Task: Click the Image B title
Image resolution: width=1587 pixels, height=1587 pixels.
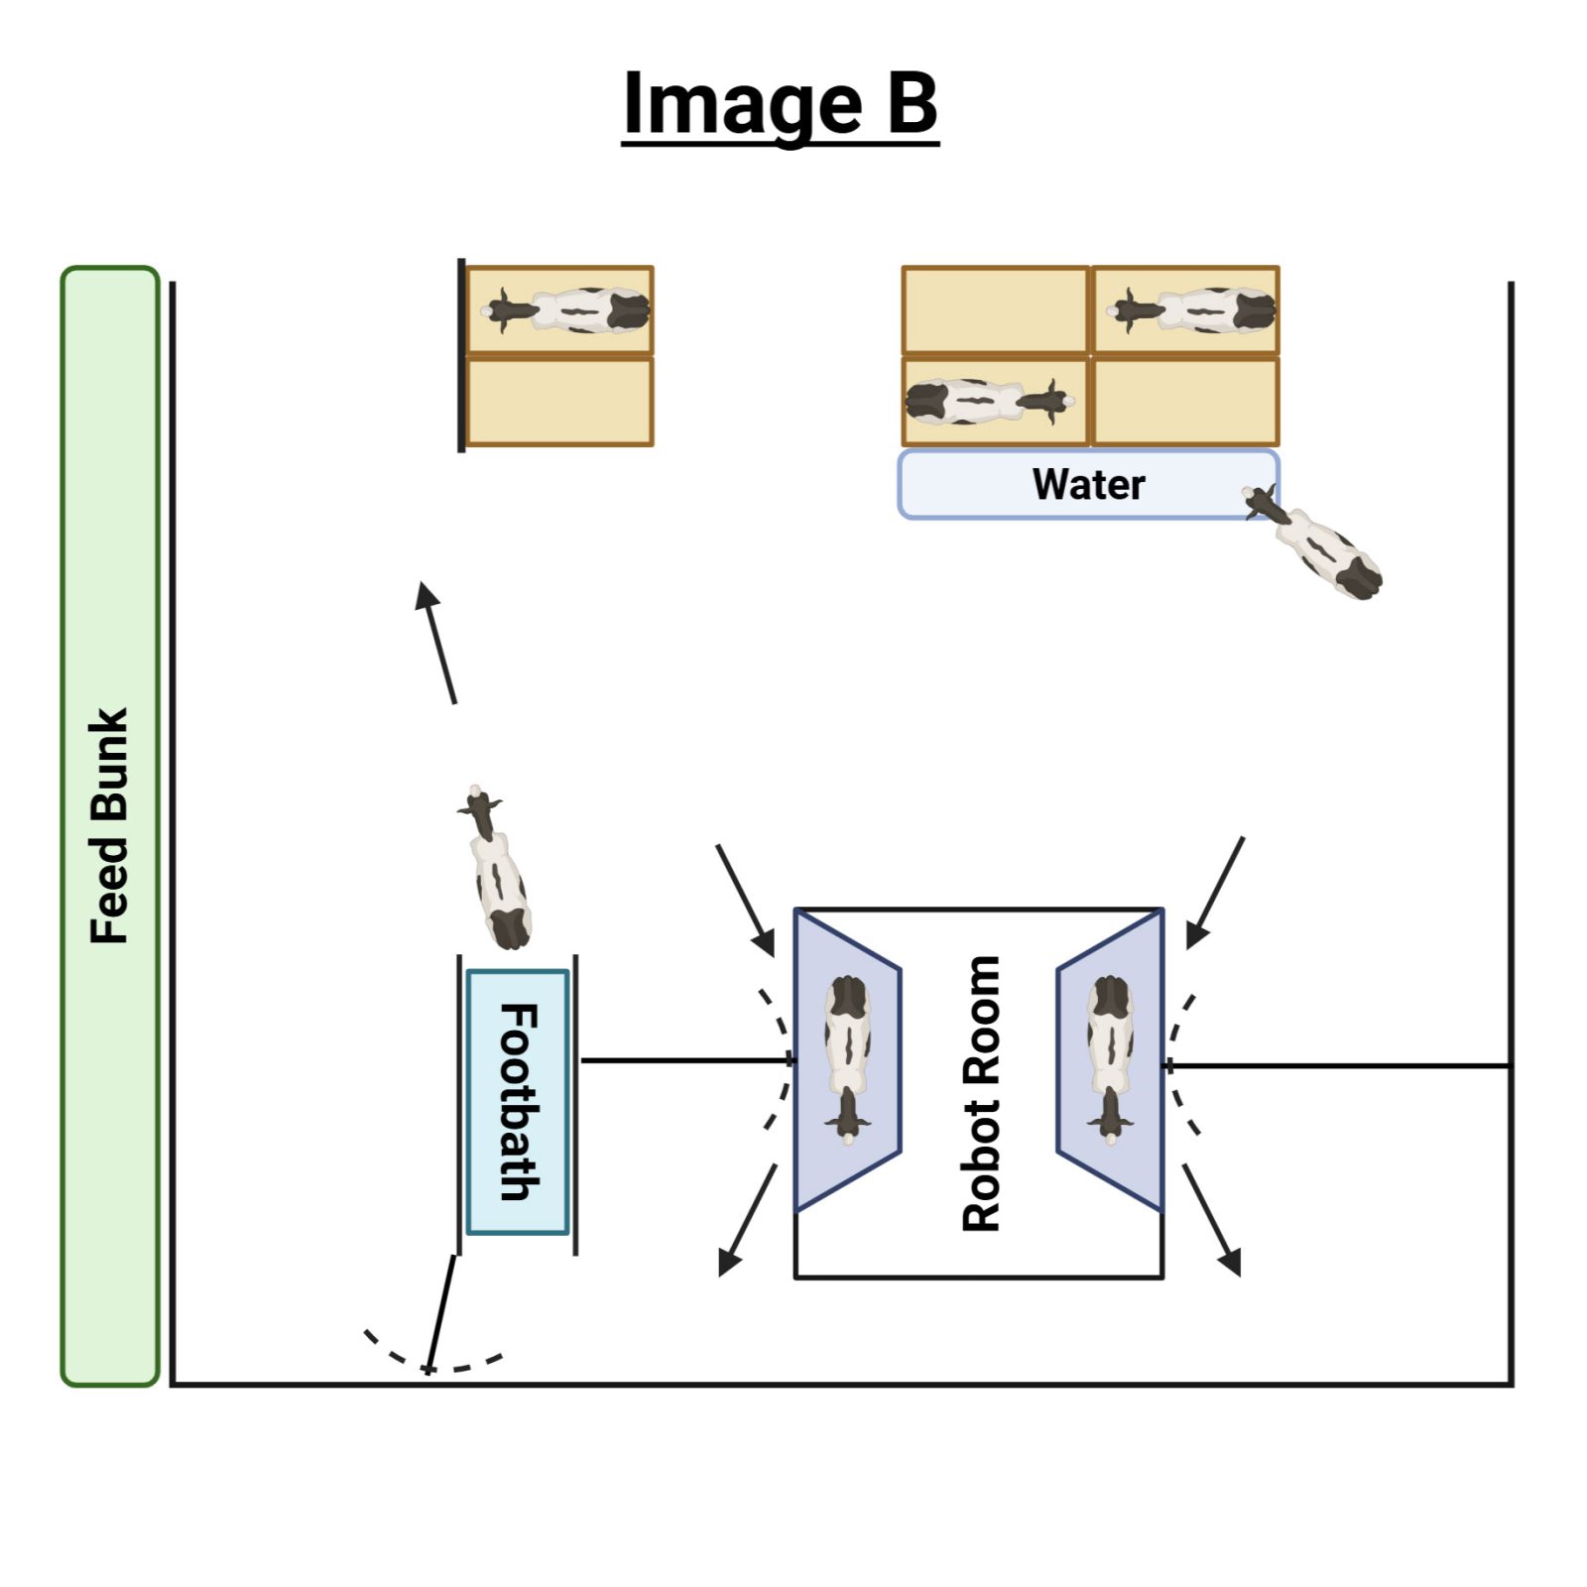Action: tap(780, 103)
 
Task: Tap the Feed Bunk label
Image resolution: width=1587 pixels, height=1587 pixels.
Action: tap(109, 825)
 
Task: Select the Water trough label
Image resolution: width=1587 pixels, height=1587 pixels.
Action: tap(1088, 484)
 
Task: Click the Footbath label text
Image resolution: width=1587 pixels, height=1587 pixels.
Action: tap(518, 1101)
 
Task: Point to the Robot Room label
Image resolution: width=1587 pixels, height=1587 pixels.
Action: tap(981, 1093)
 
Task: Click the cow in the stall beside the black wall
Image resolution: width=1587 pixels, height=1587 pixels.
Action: tap(566, 310)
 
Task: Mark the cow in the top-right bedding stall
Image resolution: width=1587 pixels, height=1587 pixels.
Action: tap(1191, 309)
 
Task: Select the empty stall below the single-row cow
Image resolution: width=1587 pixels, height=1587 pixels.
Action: tap(559, 402)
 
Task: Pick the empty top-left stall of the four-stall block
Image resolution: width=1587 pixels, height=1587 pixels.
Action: tap(995, 309)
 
